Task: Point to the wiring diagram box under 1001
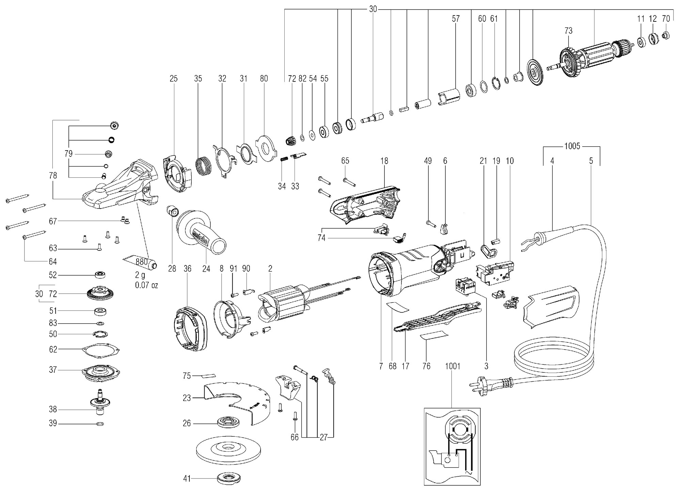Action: (x=452, y=446)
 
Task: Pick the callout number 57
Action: (x=456, y=19)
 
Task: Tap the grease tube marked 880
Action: (x=141, y=262)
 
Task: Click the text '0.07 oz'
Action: (x=146, y=285)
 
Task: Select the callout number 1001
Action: (x=452, y=366)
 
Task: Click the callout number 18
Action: (x=384, y=161)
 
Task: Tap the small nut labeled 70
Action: (x=666, y=35)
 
